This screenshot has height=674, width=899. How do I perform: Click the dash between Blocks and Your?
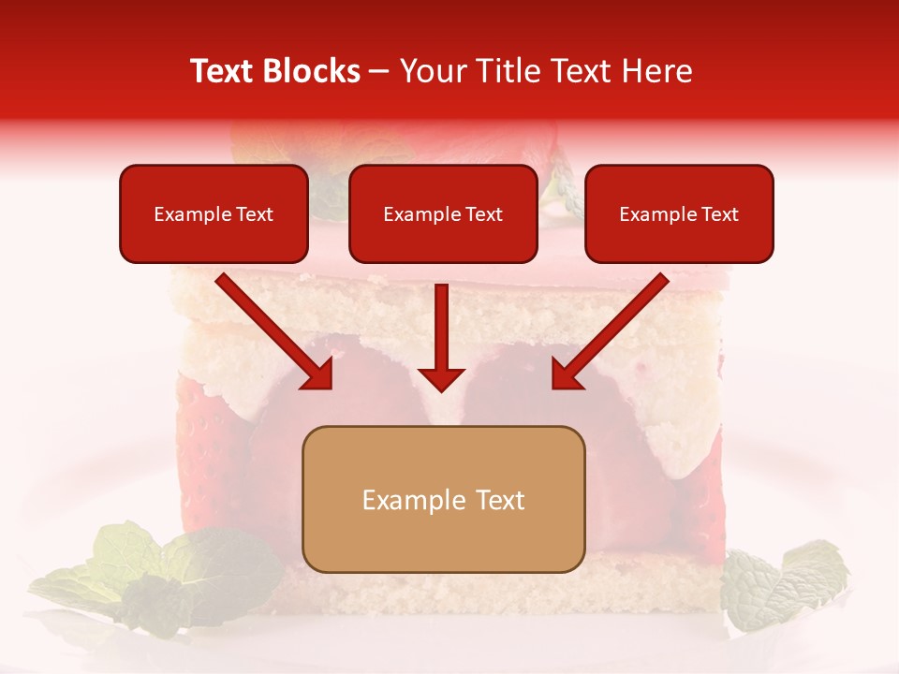click(x=379, y=72)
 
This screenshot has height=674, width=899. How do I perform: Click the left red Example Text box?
click(x=214, y=214)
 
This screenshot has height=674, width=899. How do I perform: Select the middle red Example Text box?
click(x=443, y=214)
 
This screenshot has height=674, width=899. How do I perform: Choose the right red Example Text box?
click(x=679, y=214)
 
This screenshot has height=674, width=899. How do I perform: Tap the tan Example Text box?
click(x=443, y=500)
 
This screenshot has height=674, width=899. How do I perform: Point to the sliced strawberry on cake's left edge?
click(x=201, y=421)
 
